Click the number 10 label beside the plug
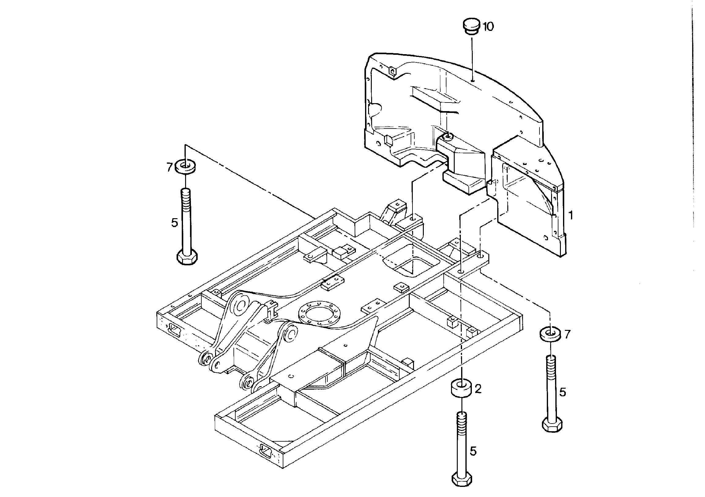pyautogui.click(x=488, y=27)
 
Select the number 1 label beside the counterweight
pyautogui.click(x=571, y=215)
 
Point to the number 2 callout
pyautogui.click(x=478, y=389)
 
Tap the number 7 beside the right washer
pyautogui.click(x=567, y=334)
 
